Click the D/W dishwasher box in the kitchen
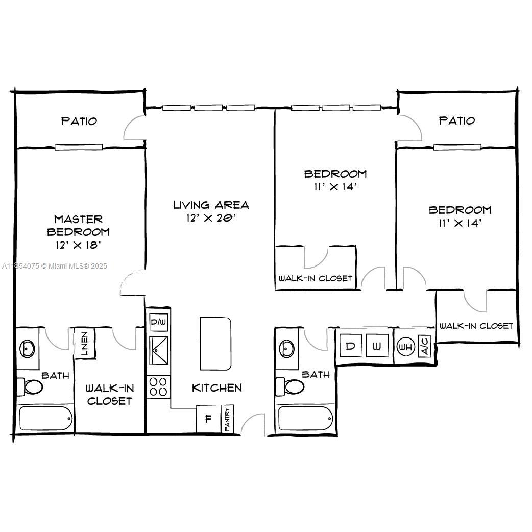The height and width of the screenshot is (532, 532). (158, 322)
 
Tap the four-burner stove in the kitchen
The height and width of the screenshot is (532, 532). (158, 387)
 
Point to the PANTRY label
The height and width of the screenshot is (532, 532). (227, 419)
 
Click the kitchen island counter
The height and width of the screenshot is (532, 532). (216, 344)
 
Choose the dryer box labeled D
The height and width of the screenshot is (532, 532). (351, 346)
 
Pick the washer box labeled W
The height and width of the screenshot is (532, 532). (377, 346)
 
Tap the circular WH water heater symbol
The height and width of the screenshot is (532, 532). (405, 347)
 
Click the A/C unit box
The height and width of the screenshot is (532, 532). (424, 346)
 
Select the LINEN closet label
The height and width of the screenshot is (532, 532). (84, 344)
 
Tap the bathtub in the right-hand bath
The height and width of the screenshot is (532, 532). (306, 419)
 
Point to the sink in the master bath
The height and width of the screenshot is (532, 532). (27, 349)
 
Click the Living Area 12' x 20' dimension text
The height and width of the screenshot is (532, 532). (211, 218)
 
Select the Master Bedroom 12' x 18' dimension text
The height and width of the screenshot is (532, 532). (79, 245)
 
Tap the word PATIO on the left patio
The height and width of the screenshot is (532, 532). (79, 121)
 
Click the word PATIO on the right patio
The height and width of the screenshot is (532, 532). (456, 120)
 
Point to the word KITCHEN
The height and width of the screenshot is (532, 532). (217, 388)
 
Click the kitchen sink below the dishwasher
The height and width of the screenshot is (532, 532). (158, 350)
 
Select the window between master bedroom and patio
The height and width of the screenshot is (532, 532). (79, 147)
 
